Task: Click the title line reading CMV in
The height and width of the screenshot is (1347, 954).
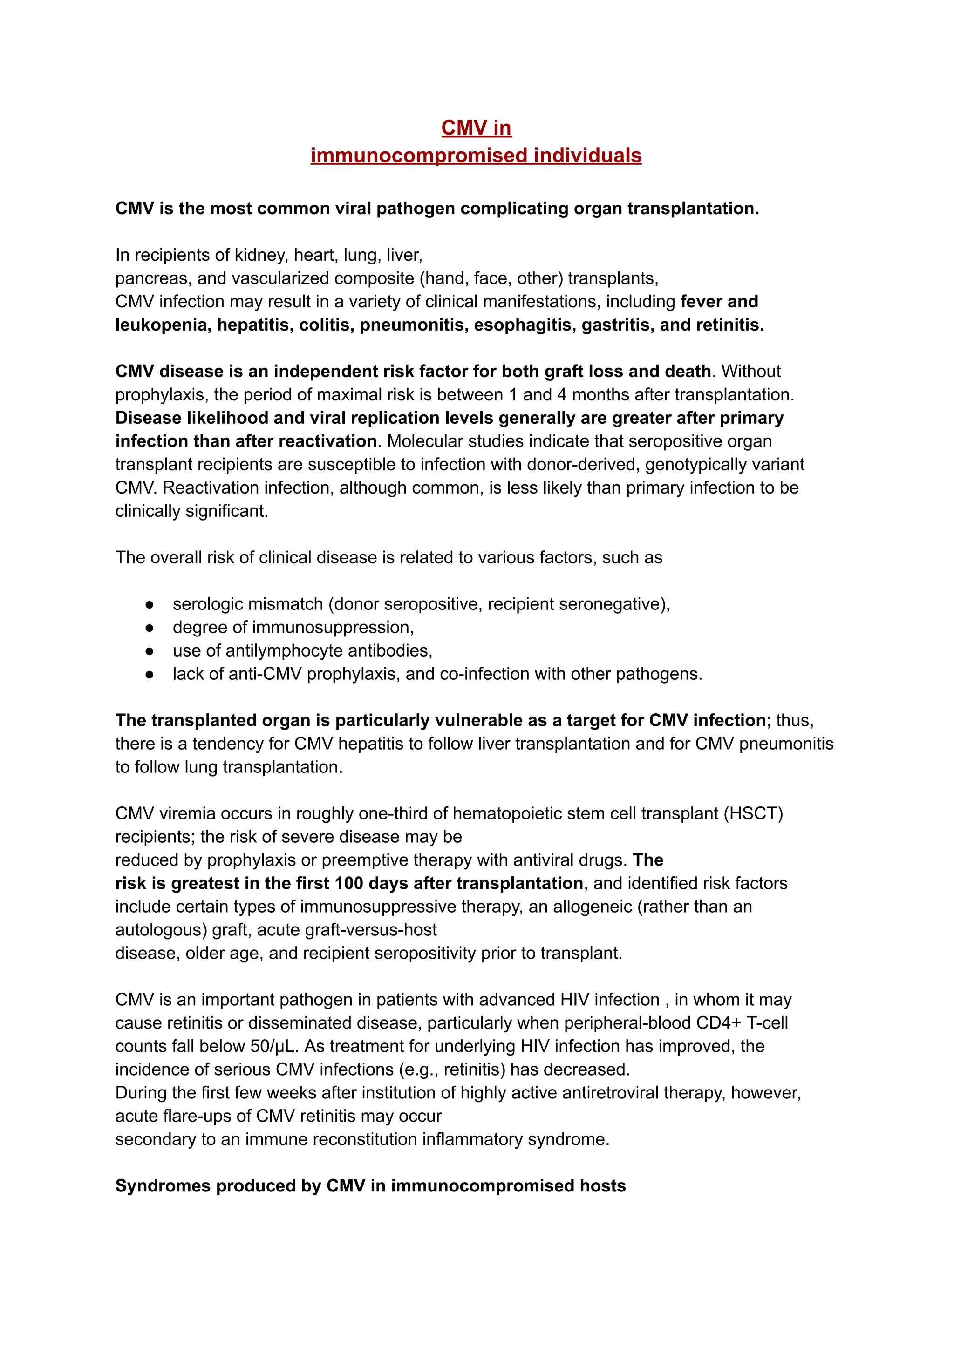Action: (x=477, y=128)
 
